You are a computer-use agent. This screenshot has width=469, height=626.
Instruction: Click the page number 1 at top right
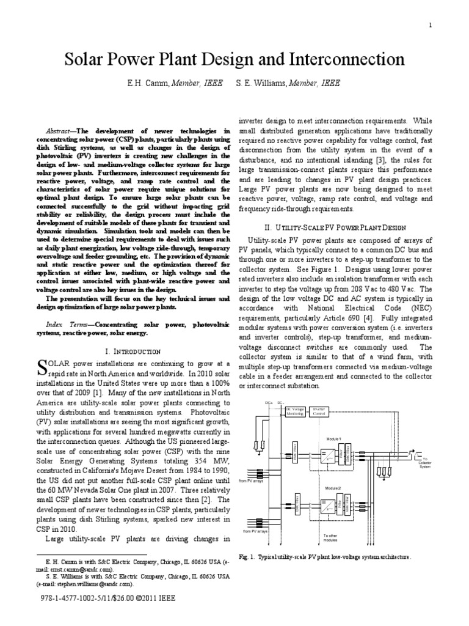click(431, 25)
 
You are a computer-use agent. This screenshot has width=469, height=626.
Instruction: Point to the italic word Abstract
click(60, 131)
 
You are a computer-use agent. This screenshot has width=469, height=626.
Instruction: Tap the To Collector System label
click(425, 479)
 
